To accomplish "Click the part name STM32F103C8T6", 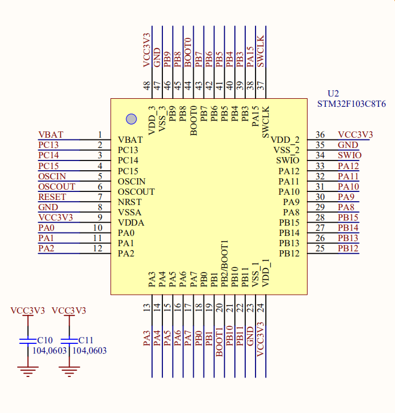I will (352, 104).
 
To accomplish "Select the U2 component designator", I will (333, 94).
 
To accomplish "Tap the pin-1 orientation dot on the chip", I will (131, 119).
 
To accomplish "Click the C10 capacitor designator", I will (45, 340).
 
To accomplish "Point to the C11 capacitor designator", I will (86, 340).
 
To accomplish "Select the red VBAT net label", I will (51, 135).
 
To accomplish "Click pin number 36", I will (320, 135).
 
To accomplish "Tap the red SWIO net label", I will (349, 155).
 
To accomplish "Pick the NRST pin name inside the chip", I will (129, 202).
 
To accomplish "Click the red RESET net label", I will (52, 197).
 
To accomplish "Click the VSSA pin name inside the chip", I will (129, 212).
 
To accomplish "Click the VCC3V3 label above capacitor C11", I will (69, 311).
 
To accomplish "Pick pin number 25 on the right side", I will (320, 248).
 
